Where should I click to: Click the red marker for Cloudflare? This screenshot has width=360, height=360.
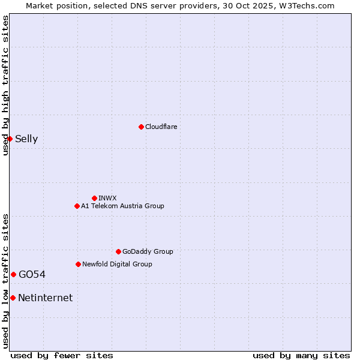pyautogui.click(x=141, y=127)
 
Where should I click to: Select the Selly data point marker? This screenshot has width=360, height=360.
pyautogui.click(x=10, y=139)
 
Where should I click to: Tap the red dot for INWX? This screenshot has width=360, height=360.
pyautogui.click(x=94, y=198)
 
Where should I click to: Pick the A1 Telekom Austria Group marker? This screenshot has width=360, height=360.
pyautogui.click(x=77, y=206)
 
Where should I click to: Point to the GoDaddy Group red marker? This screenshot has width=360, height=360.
pyautogui.click(x=118, y=251)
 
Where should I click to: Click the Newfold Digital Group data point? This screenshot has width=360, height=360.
pyautogui.click(x=78, y=264)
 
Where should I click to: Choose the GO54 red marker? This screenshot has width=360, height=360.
pyautogui.click(x=13, y=274)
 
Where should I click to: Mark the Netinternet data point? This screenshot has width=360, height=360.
pyautogui.click(x=13, y=298)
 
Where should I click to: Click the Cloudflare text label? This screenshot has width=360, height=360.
pyautogui.click(x=161, y=127)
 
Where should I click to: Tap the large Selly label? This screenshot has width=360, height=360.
pyautogui.click(x=26, y=139)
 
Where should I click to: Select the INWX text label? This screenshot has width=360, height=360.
pyautogui.click(x=108, y=198)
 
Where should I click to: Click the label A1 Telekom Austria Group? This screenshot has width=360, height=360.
pyautogui.click(x=122, y=206)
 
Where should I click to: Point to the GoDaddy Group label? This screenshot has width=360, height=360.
pyautogui.click(x=148, y=251)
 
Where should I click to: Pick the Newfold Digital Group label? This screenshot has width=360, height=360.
pyautogui.click(x=117, y=264)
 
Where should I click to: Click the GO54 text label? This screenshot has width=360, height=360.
pyautogui.click(x=32, y=275)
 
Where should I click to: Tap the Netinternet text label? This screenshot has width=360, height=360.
pyautogui.click(x=46, y=298)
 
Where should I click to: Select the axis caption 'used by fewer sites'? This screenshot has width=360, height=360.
pyautogui.click(x=62, y=355)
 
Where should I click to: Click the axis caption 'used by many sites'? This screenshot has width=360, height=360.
pyautogui.click(x=301, y=355)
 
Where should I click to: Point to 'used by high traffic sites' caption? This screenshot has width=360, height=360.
pyautogui.click(x=5, y=86)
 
